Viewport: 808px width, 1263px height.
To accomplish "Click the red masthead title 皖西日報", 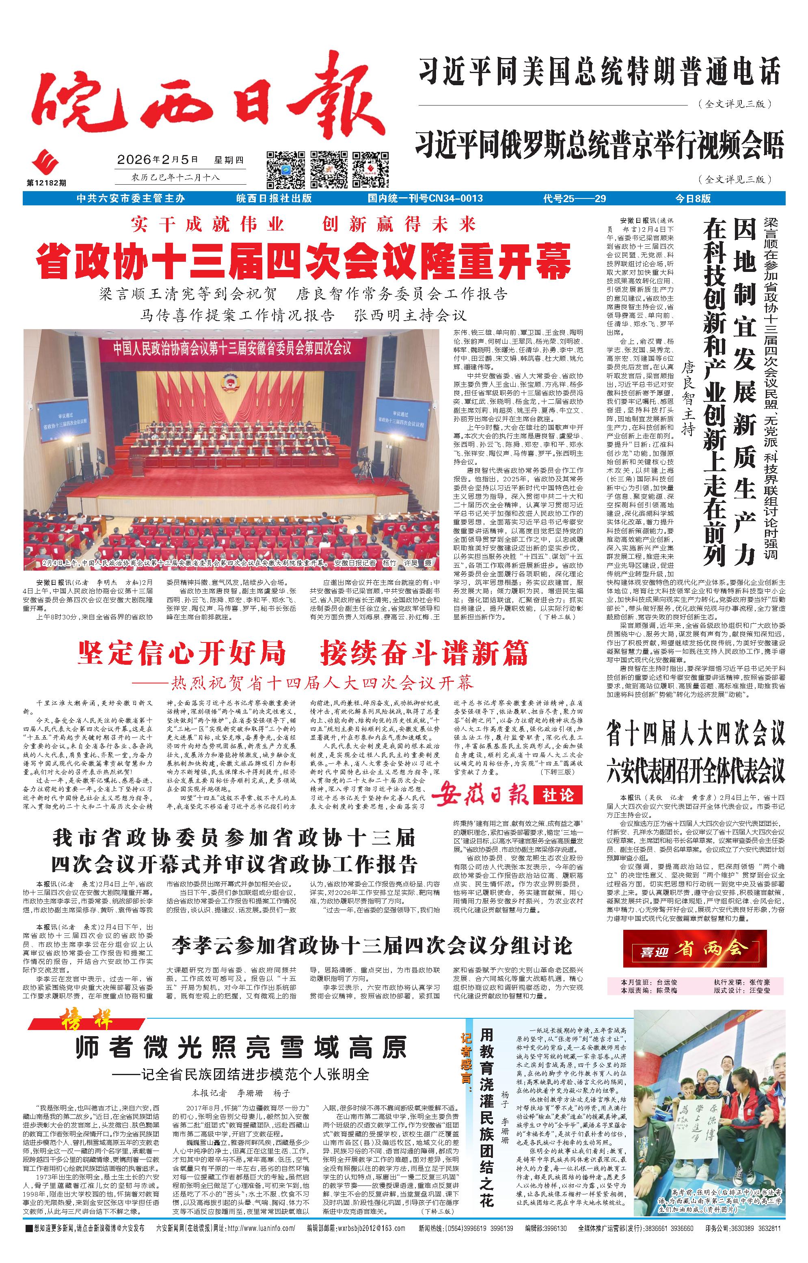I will (207, 100).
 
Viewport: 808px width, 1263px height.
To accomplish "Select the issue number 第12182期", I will (47, 183).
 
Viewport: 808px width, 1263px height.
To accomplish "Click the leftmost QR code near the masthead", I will (285, 169).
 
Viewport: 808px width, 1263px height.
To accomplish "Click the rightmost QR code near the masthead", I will (370, 169).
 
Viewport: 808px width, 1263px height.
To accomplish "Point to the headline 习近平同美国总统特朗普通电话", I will (599, 72).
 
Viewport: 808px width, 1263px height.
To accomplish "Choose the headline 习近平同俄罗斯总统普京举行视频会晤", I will (599, 145).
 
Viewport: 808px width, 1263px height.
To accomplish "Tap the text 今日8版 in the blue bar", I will (693, 198).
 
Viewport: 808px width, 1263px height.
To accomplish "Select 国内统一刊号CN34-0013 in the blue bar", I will (425, 198).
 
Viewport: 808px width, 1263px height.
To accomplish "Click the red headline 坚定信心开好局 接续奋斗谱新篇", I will (303, 653).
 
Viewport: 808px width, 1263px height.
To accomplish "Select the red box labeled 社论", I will (558, 795).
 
